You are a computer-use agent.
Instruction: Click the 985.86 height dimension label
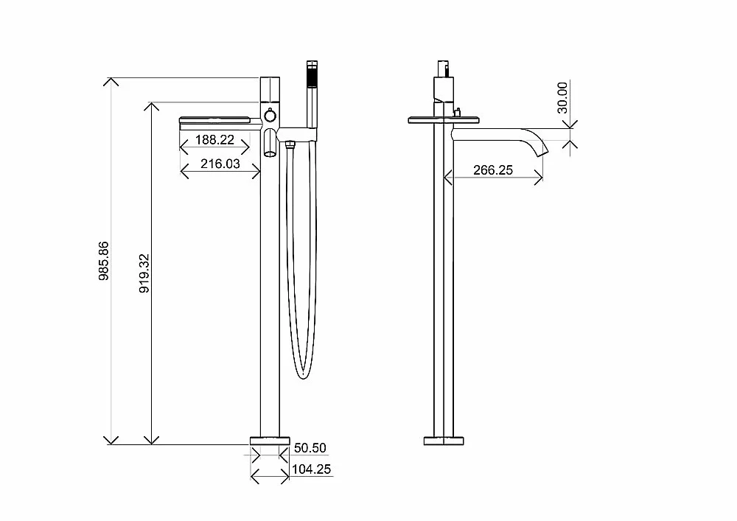click(104, 261)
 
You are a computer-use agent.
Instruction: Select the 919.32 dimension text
click(144, 273)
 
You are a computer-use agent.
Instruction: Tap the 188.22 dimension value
click(214, 140)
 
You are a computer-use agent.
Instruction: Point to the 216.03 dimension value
click(220, 164)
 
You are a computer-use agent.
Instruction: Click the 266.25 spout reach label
click(493, 170)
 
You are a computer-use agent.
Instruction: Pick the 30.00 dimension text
click(562, 97)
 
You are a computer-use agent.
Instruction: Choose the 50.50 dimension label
click(310, 448)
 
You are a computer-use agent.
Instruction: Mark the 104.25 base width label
click(311, 469)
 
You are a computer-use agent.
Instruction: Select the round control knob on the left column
click(270, 116)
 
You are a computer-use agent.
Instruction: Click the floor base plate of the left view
click(270, 441)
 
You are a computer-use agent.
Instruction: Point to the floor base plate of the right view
click(444, 441)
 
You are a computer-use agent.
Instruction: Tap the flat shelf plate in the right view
click(444, 120)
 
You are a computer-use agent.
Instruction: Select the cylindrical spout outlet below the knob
click(270, 143)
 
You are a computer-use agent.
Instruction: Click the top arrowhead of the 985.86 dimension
click(111, 82)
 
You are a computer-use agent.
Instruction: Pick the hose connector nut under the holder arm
click(290, 144)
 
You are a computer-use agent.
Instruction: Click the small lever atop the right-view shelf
click(457, 112)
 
